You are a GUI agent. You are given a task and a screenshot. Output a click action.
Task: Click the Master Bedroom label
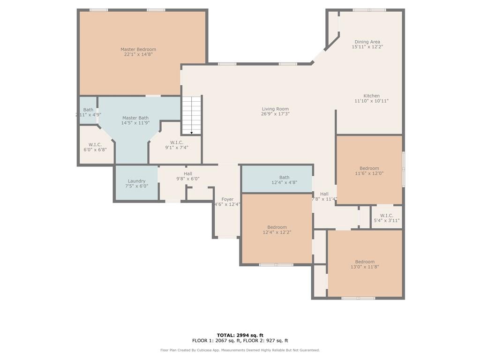[x=138, y=49]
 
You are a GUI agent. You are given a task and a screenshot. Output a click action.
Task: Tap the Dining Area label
[x=367, y=42]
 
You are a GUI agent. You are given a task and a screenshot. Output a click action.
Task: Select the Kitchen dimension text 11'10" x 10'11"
[x=371, y=101]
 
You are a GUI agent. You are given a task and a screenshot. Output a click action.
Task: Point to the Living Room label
[x=275, y=109]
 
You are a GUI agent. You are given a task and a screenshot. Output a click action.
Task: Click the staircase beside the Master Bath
[x=192, y=115]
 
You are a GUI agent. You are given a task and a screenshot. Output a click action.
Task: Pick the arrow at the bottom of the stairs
[x=192, y=133]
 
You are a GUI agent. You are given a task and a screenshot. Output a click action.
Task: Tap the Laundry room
[x=136, y=183]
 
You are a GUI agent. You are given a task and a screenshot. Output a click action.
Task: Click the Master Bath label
[x=135, y=118]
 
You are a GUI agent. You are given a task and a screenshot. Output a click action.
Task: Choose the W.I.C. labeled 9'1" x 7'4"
[x=176, y=144]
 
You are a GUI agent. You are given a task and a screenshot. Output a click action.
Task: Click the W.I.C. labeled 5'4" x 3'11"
[x=386, y=217]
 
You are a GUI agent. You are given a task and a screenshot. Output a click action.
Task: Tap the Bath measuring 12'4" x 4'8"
[x=277, y=179]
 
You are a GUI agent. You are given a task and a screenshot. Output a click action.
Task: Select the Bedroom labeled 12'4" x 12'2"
[x=277, y=228]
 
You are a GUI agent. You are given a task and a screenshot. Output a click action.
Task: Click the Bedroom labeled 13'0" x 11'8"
[x=365, y=263]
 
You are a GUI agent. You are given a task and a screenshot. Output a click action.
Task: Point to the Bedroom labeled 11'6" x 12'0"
[x=369, y=169]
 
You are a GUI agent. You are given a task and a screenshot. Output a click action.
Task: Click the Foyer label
[x=227, y=199]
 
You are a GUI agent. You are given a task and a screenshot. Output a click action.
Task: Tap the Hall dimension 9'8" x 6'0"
[x=188, y=179]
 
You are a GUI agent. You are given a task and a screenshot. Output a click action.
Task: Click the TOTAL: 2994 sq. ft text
[x=240, y=335]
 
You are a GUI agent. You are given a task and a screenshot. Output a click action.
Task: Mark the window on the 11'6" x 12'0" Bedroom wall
[x=404, y=169]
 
